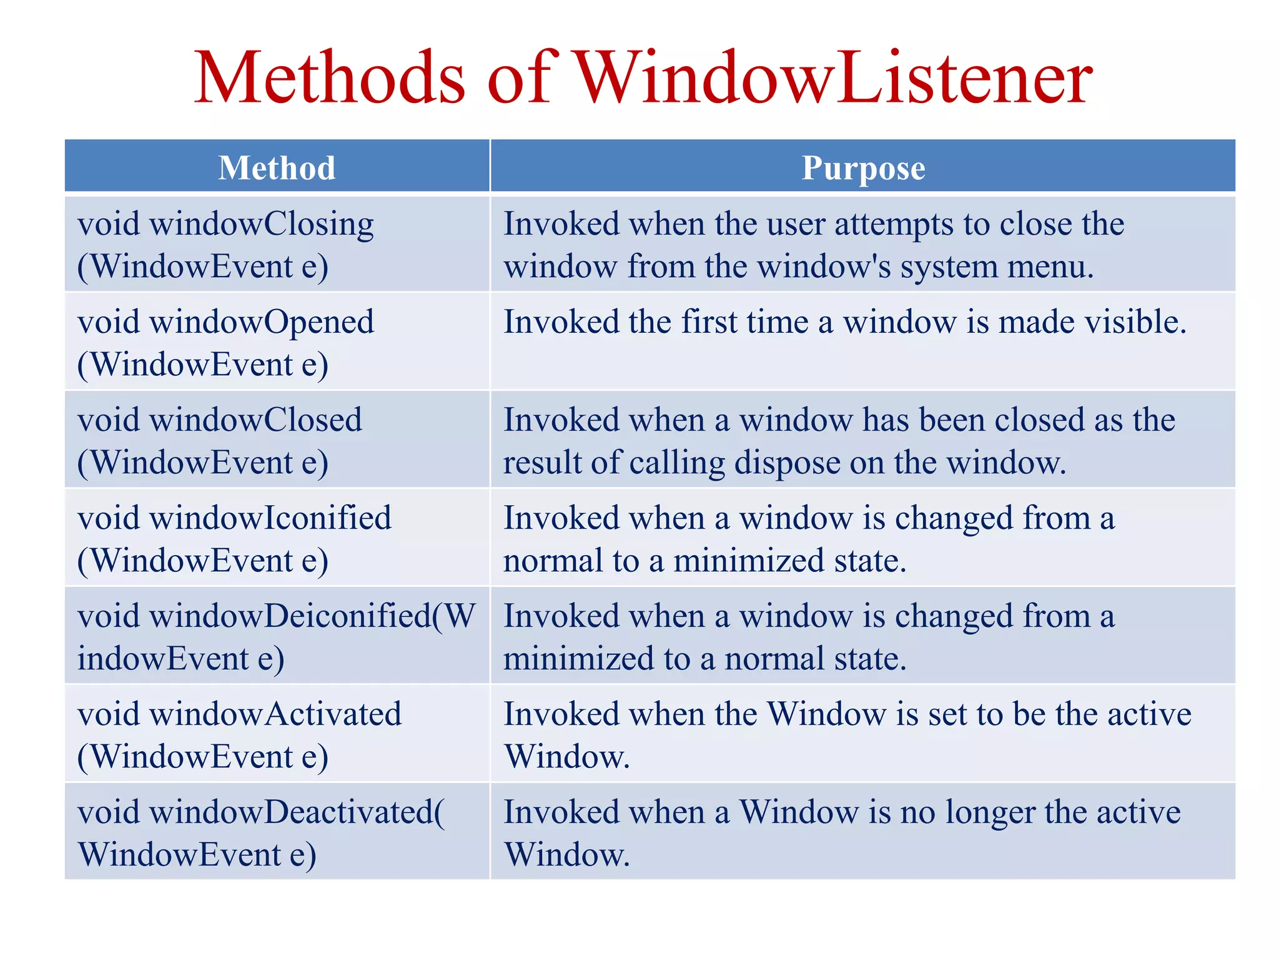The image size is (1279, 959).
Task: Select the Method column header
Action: click(277, 167)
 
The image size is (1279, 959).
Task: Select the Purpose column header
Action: click(863, 167)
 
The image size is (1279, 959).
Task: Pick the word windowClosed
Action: click(255, 420)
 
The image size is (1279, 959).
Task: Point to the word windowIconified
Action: click(270, 518)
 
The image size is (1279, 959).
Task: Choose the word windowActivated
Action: click(275, 714)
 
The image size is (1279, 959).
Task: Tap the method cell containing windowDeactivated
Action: click(277, 832)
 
